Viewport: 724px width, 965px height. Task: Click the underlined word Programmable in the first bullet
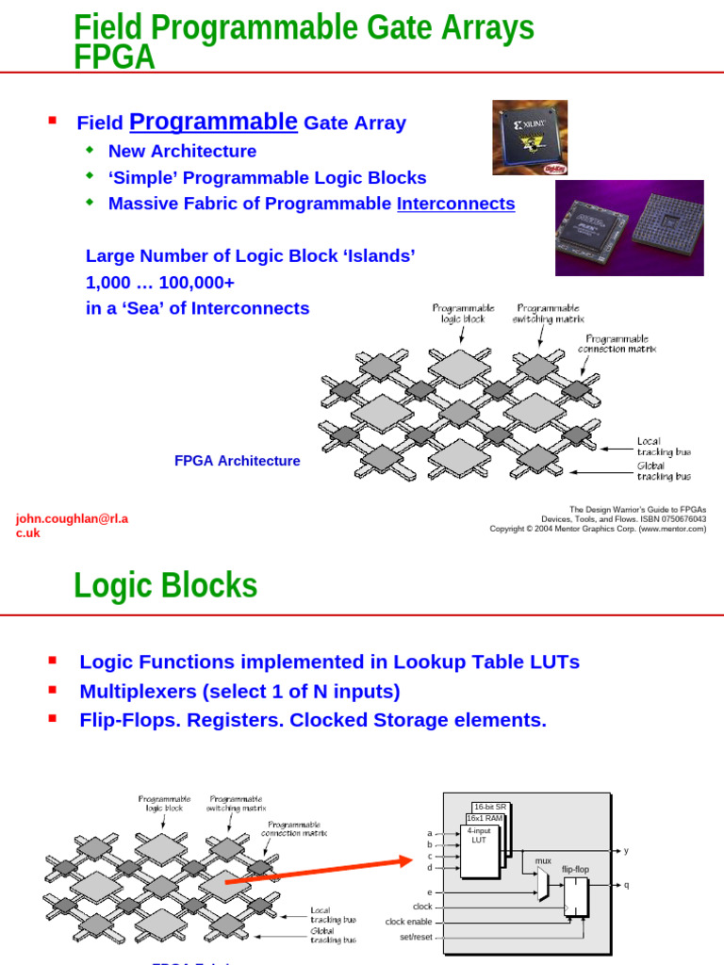pyautogui.click(x=213, y=122)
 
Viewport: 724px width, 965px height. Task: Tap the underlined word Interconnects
pyautogui.click(x=455, y=204)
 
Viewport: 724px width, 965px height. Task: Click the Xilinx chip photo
pyautogui.click(x=529, y=138)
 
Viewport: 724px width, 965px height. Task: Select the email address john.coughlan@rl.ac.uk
pyautogui.click(x=72, y=526)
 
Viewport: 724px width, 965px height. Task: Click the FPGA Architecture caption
pyautogui.click(x=238, y=461)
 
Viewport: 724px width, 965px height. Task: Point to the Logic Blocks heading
pyautogui.click(x=165, y=585)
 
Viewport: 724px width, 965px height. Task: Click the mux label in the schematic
pyautogui.click(x=543, y=860)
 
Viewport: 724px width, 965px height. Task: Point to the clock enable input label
pyautogui.click(x=408, y=922)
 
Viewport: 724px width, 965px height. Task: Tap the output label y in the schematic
pyautogui.click(x=626, y=850)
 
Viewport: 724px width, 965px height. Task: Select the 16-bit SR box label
pyautogui.click(x=489, y=807)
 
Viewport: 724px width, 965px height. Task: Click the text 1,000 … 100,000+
pyautogui.click(x=160, y=282)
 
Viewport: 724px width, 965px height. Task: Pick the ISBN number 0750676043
pyautogui.click(x=680, y=519)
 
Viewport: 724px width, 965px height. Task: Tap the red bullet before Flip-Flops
pyautogui.click(x=52, y=719)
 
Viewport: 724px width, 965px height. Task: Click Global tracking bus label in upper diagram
pyautogui.click(x=664, y=471)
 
